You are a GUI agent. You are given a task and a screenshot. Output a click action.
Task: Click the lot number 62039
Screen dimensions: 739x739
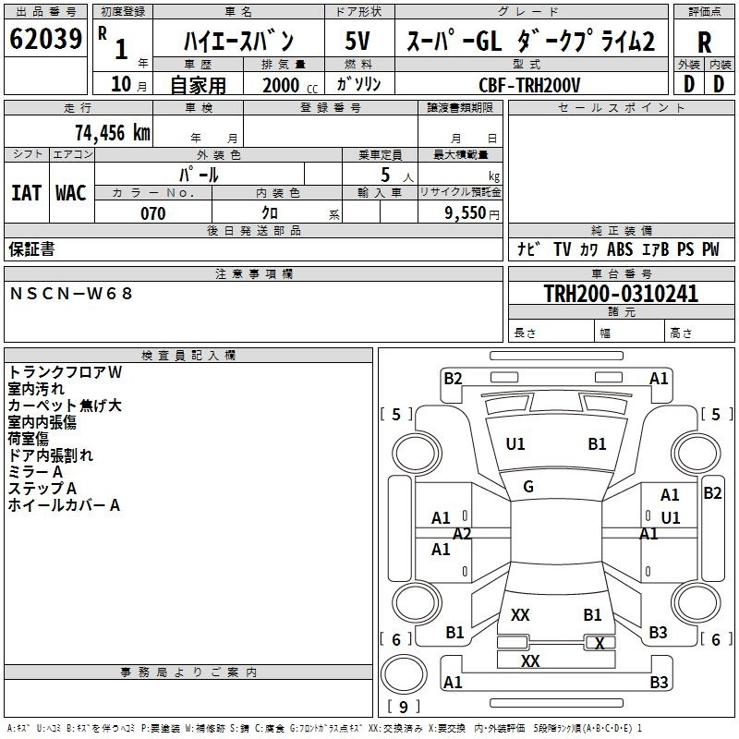coord(45,39)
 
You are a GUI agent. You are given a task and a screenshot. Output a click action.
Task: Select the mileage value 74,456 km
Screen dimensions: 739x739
coord(113,133)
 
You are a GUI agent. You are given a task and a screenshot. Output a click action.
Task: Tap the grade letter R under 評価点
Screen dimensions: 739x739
coord(704,42)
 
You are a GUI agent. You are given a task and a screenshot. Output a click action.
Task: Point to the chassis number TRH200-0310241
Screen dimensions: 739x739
coord(621,293)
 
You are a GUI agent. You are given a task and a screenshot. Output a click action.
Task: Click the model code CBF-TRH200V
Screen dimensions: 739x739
coord(529,85)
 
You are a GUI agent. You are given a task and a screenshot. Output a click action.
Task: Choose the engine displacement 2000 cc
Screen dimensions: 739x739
coord(290,85)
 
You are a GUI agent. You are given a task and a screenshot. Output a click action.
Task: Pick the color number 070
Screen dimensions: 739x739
coord(153,213)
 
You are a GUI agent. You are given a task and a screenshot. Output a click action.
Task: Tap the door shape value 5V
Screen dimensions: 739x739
coord(357,41)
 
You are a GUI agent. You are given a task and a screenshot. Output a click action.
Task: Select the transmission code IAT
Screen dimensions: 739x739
coord(27,193)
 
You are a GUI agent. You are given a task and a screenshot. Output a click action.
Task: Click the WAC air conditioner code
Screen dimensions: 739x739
coord(71,193)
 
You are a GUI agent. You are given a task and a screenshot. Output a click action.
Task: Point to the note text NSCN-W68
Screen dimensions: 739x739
coord(71,294)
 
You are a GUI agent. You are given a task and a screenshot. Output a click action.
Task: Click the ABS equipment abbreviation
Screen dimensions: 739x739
coord(620,249)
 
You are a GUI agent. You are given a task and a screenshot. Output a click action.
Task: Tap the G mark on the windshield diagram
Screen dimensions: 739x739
coord(528,487)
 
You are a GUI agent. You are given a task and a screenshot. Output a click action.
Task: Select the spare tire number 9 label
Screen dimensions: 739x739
coord(403,707)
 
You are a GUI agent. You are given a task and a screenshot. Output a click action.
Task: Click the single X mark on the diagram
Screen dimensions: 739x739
coord(600,643)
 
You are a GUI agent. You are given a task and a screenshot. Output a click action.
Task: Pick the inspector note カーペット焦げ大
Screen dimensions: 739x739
coord(65,406)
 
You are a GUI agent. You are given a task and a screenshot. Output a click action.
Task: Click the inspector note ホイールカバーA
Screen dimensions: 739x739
coord(64,505)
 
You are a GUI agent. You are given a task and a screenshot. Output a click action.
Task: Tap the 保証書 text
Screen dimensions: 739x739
coord(31,249)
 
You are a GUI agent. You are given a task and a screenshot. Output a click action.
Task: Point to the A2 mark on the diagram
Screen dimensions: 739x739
coord(462,534)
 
